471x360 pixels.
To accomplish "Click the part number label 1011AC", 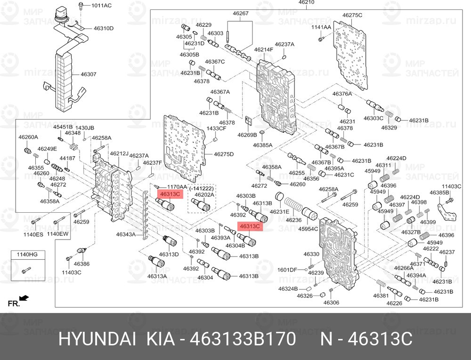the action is click(x=101, y=5).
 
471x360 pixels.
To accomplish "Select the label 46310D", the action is click(x=103, y=29).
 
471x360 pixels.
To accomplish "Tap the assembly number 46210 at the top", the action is click(x=306, y=2).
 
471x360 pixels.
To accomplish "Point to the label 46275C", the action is click(x=352, y=15).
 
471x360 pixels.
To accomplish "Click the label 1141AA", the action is click(x=321, y=27).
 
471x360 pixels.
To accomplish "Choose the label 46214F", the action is click(x=264, y=49).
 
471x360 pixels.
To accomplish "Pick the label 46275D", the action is click(x=223, y=154).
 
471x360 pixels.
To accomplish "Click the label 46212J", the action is click(x=119, y=154).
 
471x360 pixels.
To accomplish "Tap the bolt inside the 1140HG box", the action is click(x=26, y=270).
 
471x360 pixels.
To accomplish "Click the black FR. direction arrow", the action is click(x=24, y=297).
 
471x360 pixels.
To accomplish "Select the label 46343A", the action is click(x=126, y=234).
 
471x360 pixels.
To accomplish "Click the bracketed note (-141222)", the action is click(x=201, y=188).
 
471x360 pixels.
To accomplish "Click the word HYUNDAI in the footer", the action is click(x=97, y=339).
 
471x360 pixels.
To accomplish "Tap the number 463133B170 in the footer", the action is click(x=243, y=339).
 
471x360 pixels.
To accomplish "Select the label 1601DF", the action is click(x=287, y=270).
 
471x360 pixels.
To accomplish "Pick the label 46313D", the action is click(x=169, y=255).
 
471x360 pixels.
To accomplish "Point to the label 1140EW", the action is click(x=57, y=234).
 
